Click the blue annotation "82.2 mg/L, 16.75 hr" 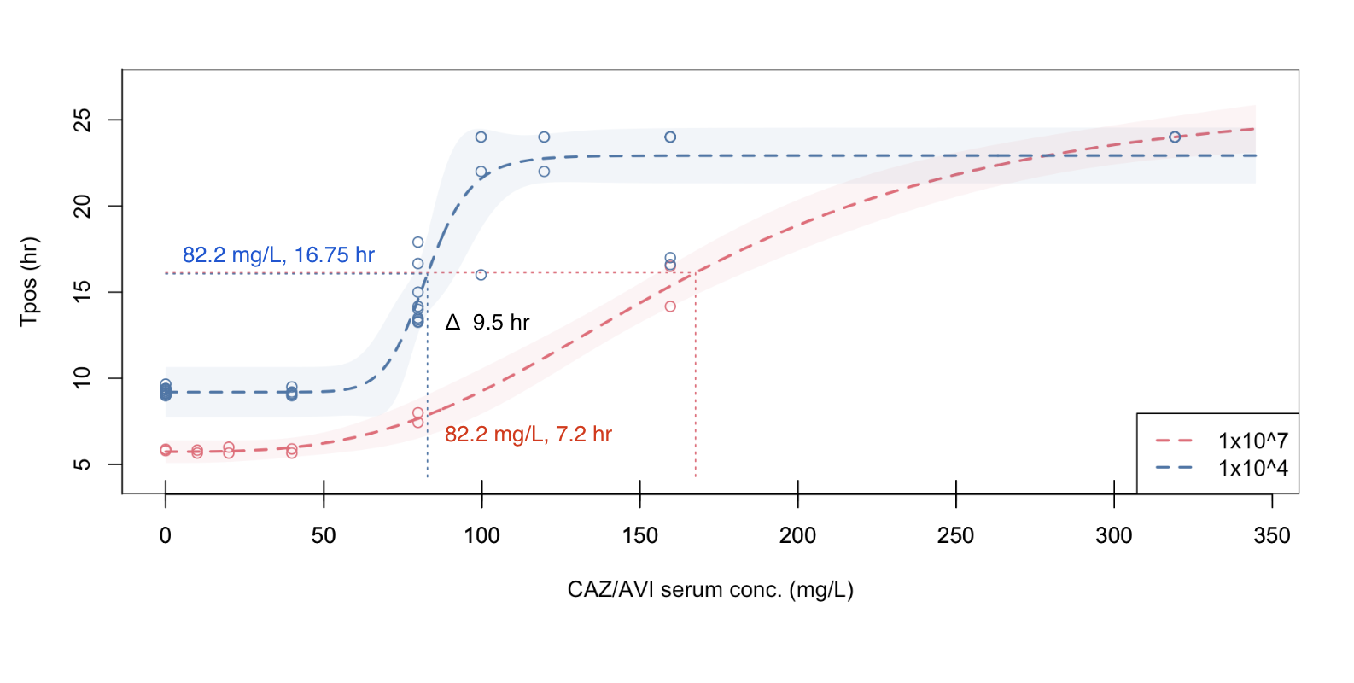click(278, 254)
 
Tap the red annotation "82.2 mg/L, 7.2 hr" click(528, 434)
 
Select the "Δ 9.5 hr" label click(487, 322)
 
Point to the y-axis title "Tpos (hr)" click(29, 281)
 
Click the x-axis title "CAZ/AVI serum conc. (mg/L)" click(710, 589)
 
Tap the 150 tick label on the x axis click(639, 535)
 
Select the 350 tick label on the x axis click(1271, 535)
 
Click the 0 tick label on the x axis click(166, 535)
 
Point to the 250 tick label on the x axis click(955, 535)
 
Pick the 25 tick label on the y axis click(82, 120)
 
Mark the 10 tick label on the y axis click(82, 377)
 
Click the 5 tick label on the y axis click(82, 464)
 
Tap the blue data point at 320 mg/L click(1175, 137)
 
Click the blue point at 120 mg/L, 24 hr click(544, 137)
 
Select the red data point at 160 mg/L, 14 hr click(670, 306)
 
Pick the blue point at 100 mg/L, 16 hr click(481, 275)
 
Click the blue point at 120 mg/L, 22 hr click(544, 172)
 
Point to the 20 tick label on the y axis click(82, 206)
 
